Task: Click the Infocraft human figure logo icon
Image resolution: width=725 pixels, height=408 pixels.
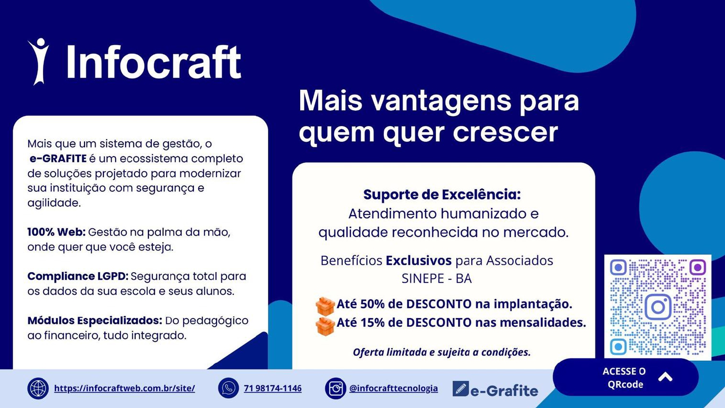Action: click(39, 61)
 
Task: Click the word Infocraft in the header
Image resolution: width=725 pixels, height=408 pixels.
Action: click(154, 62)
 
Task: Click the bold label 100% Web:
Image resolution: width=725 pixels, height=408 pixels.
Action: click(57, 232)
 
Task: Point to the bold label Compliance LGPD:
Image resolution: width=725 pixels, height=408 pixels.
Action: click(78, 277)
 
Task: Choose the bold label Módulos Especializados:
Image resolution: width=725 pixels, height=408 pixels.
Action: click(95, 321)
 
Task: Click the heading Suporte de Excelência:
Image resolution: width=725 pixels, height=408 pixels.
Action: click(442, 195)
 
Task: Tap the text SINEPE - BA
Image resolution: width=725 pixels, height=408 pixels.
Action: click(436, 278)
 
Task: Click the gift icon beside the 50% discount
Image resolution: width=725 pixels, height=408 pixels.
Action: click(325, 306)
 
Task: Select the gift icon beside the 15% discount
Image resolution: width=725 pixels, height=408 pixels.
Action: click(325, 326)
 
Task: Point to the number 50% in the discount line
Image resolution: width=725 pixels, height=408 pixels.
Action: click(372, 304)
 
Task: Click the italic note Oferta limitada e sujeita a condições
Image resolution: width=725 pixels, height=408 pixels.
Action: click(442, 352)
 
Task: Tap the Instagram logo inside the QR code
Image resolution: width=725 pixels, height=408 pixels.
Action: click(658, 307)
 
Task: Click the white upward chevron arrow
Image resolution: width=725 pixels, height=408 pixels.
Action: click(666, 377)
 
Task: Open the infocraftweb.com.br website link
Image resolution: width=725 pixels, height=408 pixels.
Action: click(125, 388)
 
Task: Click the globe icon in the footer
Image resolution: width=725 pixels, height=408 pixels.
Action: click(38, 388)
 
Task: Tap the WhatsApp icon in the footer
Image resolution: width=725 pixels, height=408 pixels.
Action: click(229, 388)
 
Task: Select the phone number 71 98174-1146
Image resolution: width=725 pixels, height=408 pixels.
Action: click(273, 388)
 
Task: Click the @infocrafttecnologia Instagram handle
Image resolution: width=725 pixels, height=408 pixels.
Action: click(393, 388)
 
